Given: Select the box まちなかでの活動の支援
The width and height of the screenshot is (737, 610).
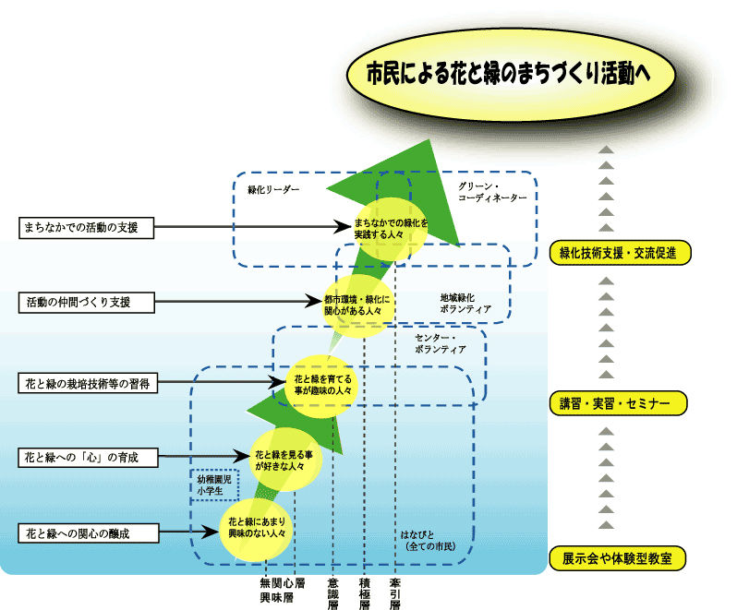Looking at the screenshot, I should (x=86, y=226).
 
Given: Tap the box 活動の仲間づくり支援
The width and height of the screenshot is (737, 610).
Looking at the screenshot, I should (x=86, y=302).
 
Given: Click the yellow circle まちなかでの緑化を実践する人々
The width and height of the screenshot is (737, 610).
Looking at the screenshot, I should (x=392, y=228).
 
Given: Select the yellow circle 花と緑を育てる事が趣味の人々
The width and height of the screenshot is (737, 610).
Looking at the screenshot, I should (x=322, y=384).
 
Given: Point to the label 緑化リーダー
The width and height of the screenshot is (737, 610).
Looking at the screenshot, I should (x=273, y=189).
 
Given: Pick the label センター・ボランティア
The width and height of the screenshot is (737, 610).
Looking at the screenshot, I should (x=441, y=344).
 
